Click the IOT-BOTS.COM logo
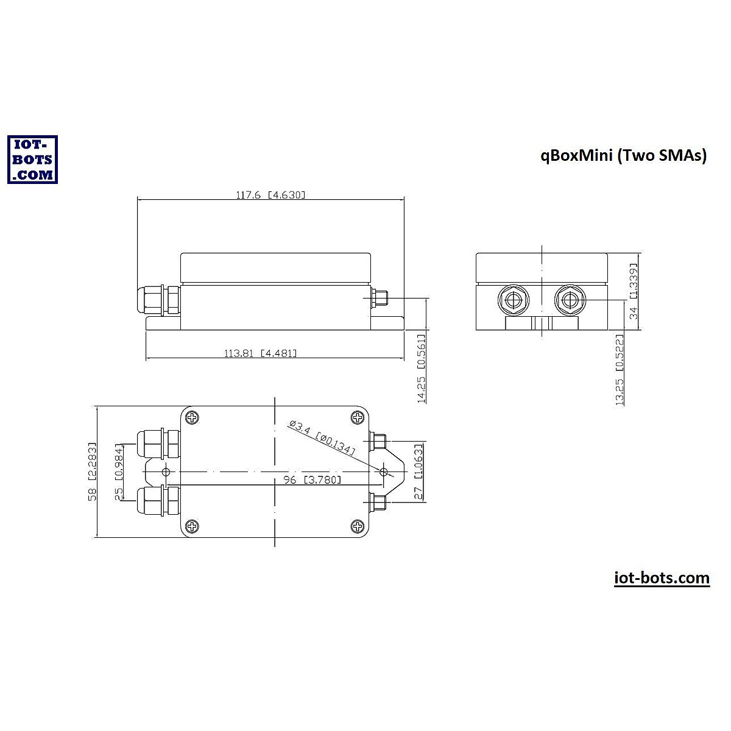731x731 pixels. pos(32,159)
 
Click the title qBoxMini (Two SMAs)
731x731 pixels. pos(623,155)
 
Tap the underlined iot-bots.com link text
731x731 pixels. pos(662,577)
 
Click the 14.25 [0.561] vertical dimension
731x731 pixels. pos(422,369)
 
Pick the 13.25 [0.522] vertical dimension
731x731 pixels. pos(620,369)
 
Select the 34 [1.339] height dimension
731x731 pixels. pos(633,292)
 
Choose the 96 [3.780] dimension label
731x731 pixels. pos(312,480)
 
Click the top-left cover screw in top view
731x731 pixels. pos(192,418)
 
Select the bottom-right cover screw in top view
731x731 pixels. pos(358,526)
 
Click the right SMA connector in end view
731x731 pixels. pos(570,300)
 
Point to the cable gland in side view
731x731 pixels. pos(158,300)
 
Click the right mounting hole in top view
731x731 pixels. pos(383,471)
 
